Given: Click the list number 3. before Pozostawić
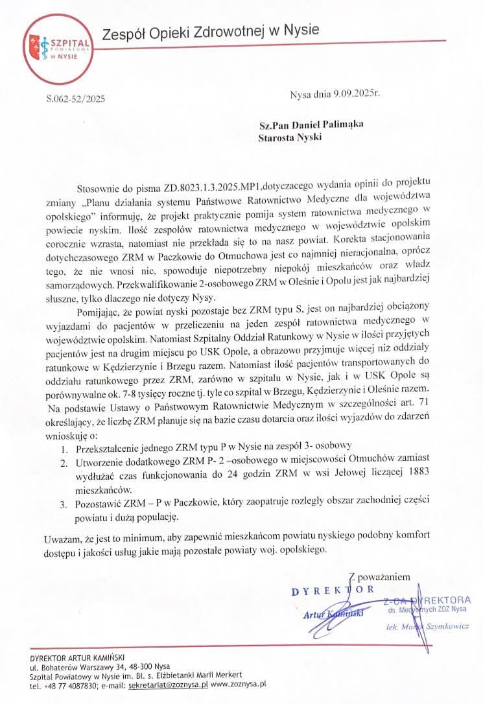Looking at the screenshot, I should (x=63, y=504).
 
